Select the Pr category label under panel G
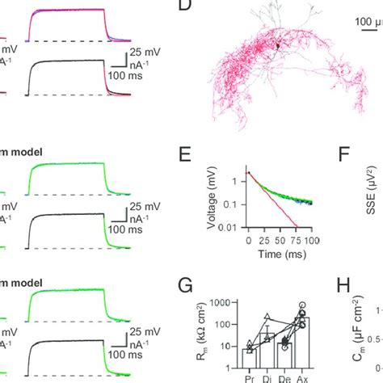[249, 377]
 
